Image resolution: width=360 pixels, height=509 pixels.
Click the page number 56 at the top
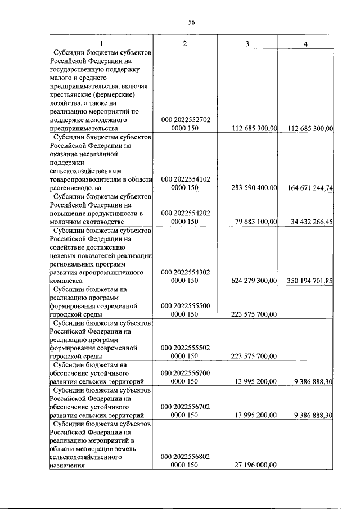pyautogui.click(x=191, y=22)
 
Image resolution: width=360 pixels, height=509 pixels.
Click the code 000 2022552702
pyautogui.click(x=186, y=120)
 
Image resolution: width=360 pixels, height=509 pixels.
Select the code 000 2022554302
pyautogui.click(x=186, y=272)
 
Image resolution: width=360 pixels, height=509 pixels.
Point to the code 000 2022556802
pyautogui.click(x=186, y=457)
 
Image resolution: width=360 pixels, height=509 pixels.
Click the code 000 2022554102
pyautogui.click(x=186, y=179)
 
